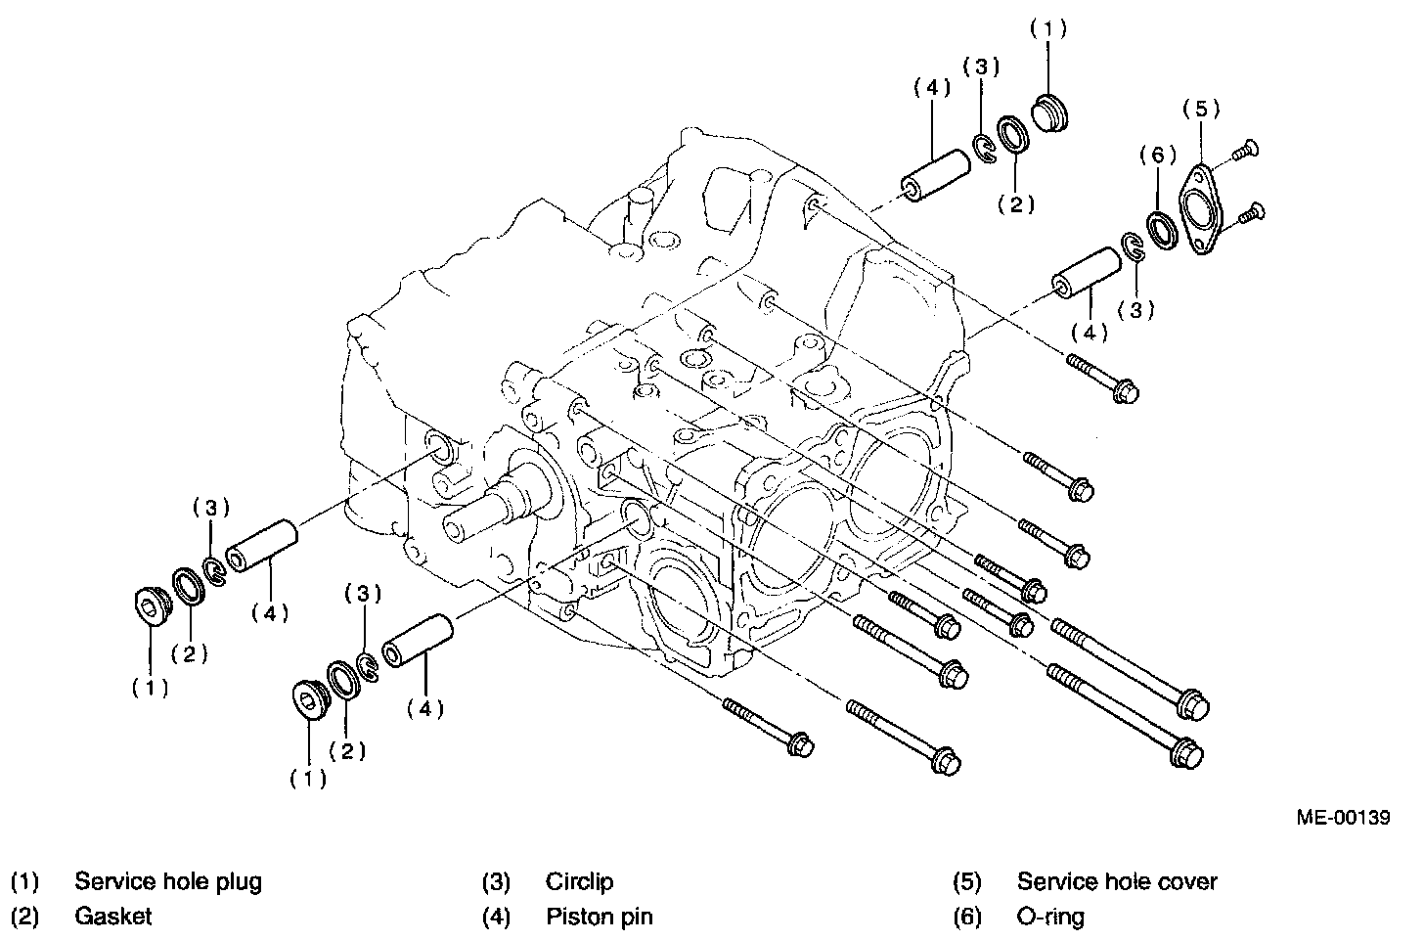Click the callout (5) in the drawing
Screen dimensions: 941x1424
(1201, 110)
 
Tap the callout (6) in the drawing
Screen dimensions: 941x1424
(1157, 154)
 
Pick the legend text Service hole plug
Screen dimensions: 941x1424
(168, 881)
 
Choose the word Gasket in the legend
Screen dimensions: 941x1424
(113, 917)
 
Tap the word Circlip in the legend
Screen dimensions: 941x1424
(579, 881)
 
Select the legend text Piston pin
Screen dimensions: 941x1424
(599, 917)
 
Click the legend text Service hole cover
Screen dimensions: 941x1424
(1117, 881)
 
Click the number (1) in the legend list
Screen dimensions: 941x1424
(24, 881)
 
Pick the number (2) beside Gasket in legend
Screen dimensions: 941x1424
(24, 917)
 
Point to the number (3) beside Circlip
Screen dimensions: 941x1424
(496, 881)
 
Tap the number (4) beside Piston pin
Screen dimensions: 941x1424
(496, 917)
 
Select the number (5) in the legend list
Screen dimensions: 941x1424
(967, 881)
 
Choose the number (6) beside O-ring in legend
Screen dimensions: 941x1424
(967, 917)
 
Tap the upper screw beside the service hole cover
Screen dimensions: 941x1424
(1245, 150)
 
